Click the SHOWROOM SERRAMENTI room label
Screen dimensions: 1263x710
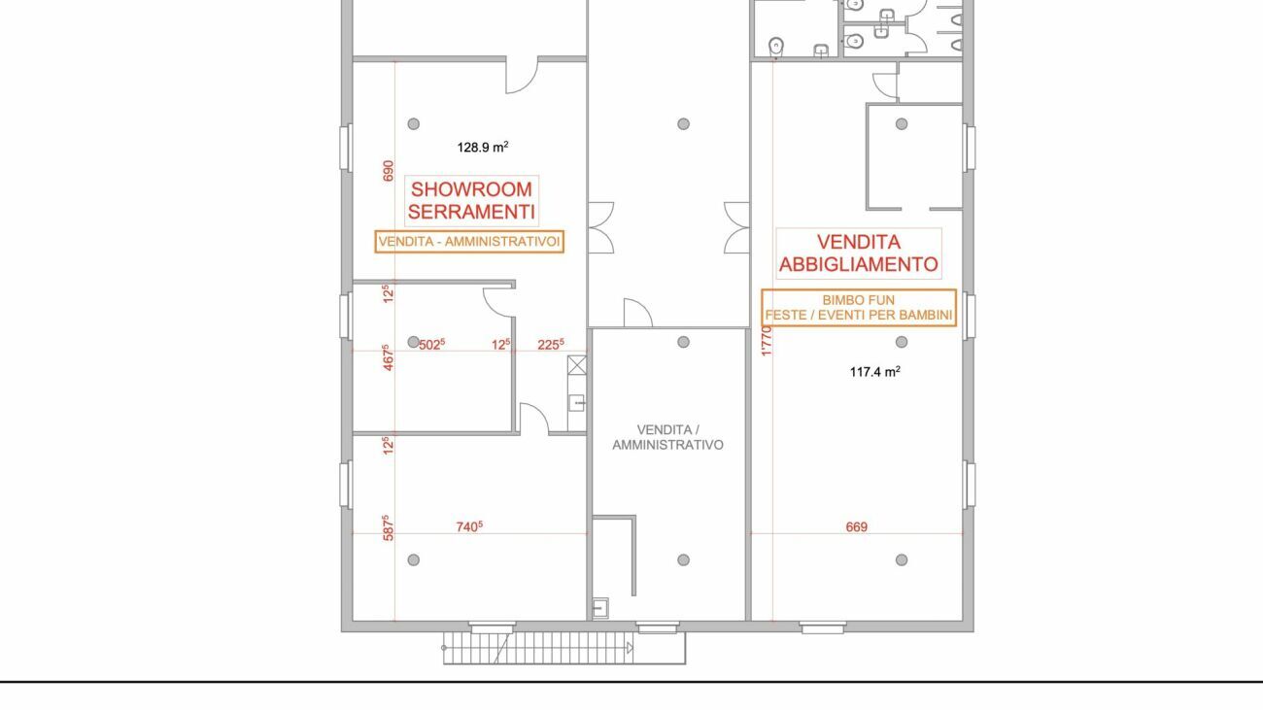click(471, 201)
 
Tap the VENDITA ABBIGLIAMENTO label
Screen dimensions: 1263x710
click(859, 253)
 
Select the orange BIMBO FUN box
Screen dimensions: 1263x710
click(859, 308)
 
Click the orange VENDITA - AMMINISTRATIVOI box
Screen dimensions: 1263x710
click(469, 242)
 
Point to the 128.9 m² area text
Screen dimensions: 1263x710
click(483, 147)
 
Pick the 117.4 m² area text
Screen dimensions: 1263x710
click(875, 371)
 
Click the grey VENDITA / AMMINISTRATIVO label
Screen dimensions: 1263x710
click(668, 437)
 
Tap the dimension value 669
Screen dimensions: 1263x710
click(857, 526)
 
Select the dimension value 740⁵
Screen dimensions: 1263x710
click(469, 526)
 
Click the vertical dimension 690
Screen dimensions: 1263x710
click(388, 171)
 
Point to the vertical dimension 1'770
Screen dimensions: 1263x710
click(766, 340)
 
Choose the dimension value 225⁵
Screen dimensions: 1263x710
click(550, 344)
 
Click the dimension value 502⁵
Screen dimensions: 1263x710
click(432, 344)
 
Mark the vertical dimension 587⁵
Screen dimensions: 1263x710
click(388, 528)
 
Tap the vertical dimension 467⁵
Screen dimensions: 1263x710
click(388, 357)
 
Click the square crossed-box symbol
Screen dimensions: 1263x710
click(577, 365)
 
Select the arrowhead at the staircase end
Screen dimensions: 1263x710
click(630, 648)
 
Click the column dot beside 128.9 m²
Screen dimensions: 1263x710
click(413, 123)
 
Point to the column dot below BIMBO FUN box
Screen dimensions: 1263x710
click(902, 342)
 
